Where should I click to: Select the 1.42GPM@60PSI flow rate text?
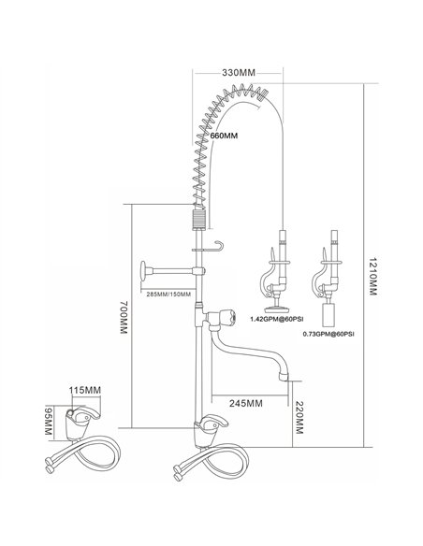pyautogui.click(x=274, y=320)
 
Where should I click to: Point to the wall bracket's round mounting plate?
pyautogui.click(x=141, y=273)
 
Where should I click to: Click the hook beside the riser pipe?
pyautogui.click(x=216, y=246)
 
